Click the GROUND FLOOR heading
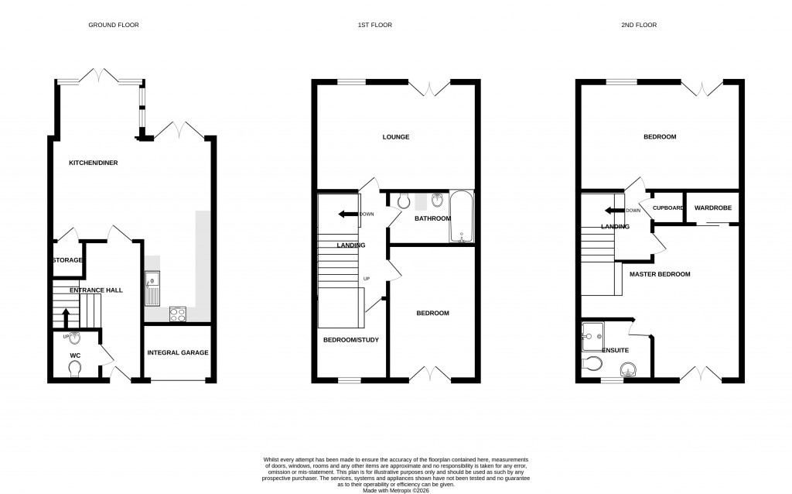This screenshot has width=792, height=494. pos(113,26)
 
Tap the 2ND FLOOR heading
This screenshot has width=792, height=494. pos(639,26)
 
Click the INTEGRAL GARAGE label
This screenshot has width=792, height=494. pos(178,352)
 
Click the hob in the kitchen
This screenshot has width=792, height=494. pos(178,314)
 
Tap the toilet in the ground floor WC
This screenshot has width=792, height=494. pos(73,372)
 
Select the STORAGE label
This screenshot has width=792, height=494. pos(67,260)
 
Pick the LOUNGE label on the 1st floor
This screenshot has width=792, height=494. pos(395,137)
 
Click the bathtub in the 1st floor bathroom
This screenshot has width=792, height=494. pos(461,217)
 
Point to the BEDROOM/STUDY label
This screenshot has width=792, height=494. pos(350,339)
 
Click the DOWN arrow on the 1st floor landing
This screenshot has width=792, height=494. pos(348,214)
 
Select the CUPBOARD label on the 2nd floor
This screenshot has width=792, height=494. pos(667,208)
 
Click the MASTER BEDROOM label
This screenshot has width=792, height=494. pos(659,274)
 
